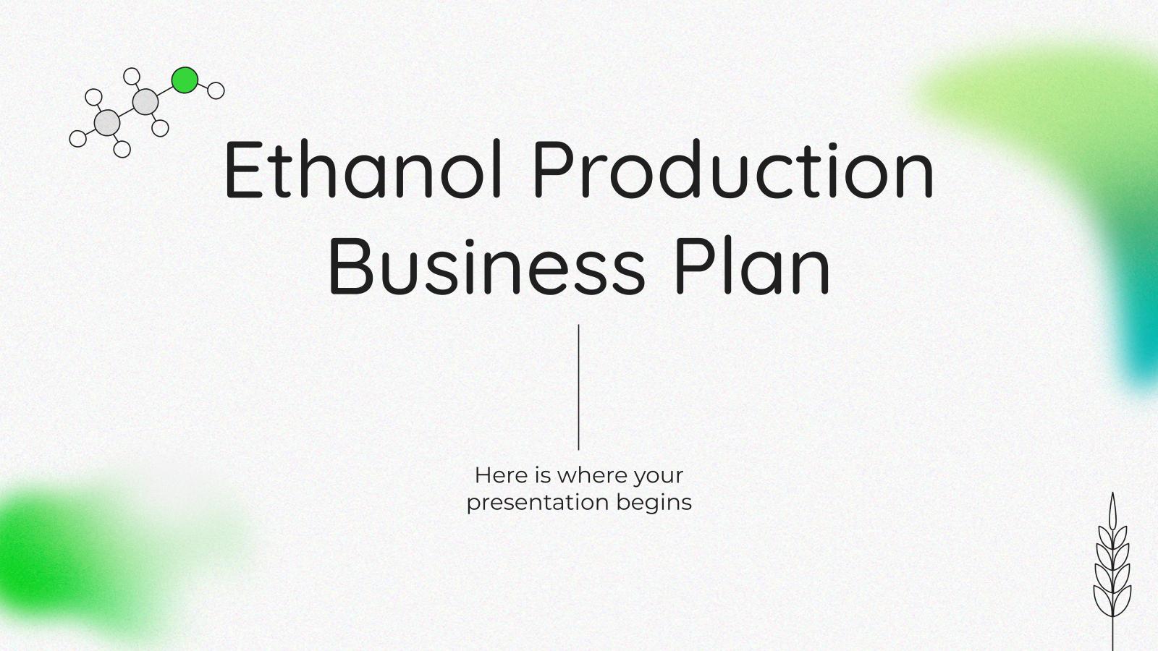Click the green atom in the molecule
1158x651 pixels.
[185, 80]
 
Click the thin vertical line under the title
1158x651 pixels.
[579, 387]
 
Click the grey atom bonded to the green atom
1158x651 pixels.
[145, 102]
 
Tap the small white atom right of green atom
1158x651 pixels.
[216, 90]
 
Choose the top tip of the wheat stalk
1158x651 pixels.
[1112, 495]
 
